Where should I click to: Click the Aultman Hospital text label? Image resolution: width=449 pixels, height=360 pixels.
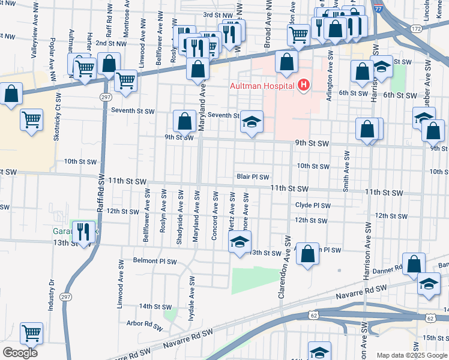point(262,86)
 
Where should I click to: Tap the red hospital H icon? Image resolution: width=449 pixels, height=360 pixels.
point(303,85)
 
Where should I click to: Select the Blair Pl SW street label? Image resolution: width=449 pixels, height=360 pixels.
point(253,177)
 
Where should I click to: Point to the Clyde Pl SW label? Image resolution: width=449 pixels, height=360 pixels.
point(313,205)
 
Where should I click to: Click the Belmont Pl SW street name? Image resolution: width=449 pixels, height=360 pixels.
point(155,262)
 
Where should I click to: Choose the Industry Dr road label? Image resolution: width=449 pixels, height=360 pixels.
point(52,295)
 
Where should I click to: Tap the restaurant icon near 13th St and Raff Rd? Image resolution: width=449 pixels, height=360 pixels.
point(83,231)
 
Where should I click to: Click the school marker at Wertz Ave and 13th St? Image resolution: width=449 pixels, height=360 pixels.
point(239,243)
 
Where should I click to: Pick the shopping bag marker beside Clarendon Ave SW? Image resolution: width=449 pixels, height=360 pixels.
point(307,253)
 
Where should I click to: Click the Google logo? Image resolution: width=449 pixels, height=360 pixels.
point(20,353)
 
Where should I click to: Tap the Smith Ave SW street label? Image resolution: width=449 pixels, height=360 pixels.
point(346,171)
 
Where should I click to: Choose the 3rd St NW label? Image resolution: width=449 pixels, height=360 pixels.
point(217,14)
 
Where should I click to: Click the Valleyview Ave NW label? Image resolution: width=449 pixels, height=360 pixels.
point(34,36)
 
